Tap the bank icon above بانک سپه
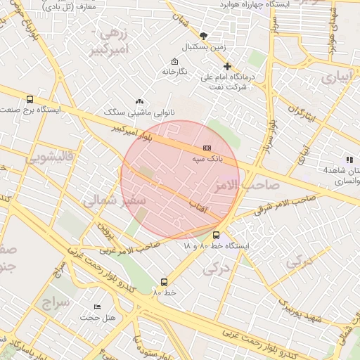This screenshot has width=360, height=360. (207, 148)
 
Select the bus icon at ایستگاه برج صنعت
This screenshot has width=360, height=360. (30, 100)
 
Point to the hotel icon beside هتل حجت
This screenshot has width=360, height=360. (97, 307)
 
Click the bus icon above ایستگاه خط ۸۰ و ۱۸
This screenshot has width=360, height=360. (216, 236)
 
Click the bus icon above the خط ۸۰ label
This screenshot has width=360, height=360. (165, 282)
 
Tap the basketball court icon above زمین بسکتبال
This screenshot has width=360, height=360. (203, 36)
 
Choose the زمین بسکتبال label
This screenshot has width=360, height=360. (203, 47)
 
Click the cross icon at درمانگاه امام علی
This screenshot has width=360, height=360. (227, 66)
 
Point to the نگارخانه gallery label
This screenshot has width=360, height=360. (175, 72)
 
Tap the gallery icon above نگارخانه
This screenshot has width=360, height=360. (175, 61)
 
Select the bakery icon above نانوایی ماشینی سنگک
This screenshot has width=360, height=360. (139, 102)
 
